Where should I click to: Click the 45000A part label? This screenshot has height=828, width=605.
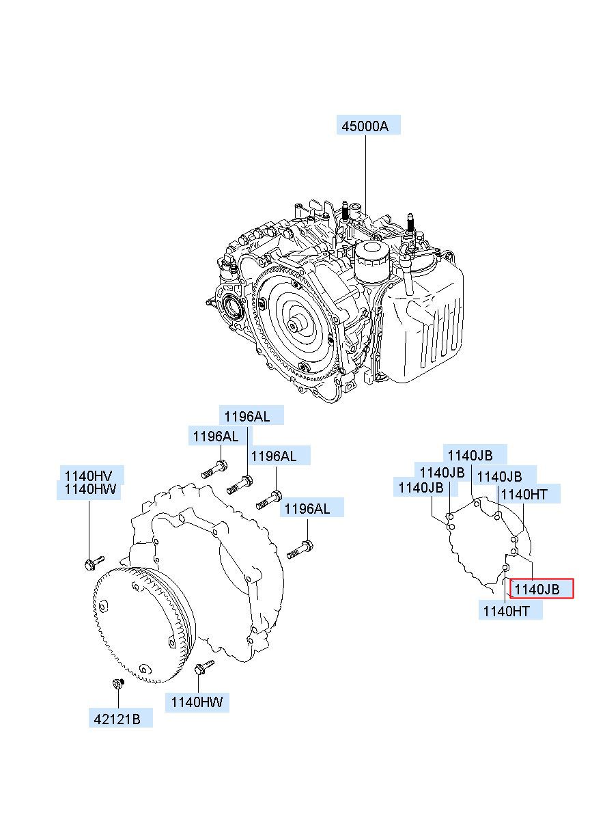tap(367, 125)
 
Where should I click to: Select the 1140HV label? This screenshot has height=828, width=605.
tap(89, 475)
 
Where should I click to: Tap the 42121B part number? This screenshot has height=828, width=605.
tap(120, 718)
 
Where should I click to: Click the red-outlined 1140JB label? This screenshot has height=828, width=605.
tap(541, 589)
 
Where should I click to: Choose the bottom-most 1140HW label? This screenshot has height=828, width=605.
tap(196, 702)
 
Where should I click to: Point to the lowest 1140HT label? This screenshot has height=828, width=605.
tap(511, 611)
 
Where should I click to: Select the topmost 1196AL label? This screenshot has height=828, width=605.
tap(251, 415)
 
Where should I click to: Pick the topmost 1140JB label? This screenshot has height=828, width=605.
tap(474, 455)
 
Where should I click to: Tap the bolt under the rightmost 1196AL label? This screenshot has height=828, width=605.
tap(301, 548)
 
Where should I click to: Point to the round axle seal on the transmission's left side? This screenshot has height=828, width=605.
tap(233, 307)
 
